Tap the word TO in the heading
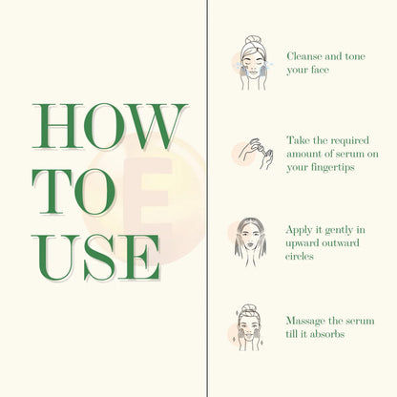point(73,192)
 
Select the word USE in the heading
point(95,258)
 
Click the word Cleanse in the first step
point(303,56)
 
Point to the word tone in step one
point(354,56)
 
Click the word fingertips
point(333,168)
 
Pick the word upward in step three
point(303,243)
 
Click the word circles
point(300,256)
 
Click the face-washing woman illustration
point(253,62)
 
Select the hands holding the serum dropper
point(256,154)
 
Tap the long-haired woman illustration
point(251,241)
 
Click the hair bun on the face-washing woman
point(254,40)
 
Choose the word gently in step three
point(335,231)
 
